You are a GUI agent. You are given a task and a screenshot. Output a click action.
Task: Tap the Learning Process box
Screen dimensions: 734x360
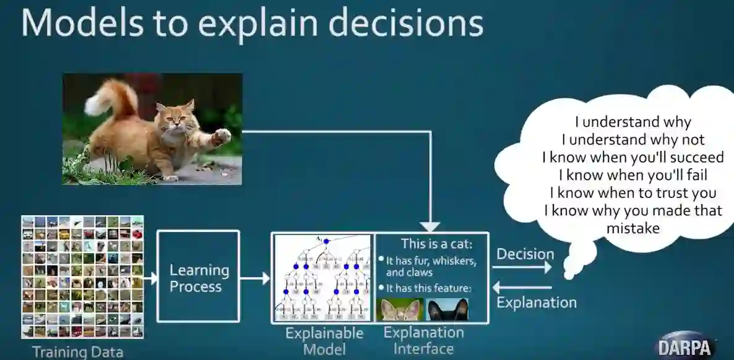(198, 276)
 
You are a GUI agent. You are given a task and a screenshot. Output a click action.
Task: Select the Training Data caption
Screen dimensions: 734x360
(78, 352)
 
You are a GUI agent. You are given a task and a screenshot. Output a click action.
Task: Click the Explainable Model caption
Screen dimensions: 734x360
(324, 341)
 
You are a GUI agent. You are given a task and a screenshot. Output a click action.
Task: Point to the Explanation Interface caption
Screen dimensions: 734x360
(423, 340)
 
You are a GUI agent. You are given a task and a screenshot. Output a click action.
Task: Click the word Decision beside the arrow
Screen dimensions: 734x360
(525, 254)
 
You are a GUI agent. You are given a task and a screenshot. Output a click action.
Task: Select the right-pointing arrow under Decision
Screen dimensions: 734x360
(522, 267)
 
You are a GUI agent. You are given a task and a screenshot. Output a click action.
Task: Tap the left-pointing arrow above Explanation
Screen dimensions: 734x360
(522, 288)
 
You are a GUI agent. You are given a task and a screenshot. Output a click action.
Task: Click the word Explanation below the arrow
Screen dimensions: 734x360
(537, 302)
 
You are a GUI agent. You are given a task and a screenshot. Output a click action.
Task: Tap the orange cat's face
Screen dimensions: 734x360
(176, 118)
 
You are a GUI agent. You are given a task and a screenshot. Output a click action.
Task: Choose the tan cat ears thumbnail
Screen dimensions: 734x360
(400, 309)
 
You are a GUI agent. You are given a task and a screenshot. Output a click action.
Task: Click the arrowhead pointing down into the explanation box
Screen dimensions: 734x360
(430, 226)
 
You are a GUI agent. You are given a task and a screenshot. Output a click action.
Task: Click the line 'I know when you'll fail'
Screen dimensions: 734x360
(633, 175)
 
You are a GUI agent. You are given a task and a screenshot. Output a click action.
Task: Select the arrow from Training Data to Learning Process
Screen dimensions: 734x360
(150, 278)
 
